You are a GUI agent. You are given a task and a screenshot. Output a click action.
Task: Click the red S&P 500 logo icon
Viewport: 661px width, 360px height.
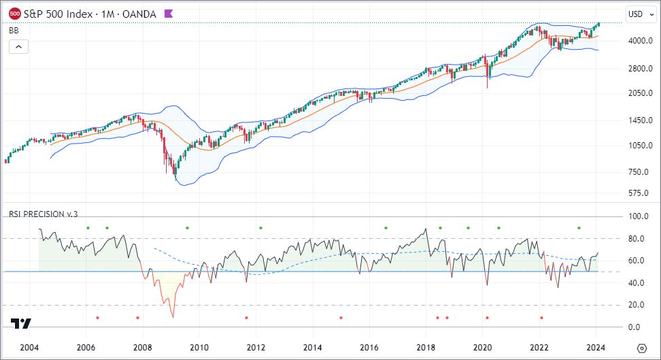[x=14, y=13]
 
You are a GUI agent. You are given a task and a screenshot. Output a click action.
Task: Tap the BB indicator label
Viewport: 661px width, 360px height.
[x=13, y=30]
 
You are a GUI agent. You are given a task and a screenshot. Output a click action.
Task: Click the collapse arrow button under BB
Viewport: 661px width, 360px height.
[x=18, y=46]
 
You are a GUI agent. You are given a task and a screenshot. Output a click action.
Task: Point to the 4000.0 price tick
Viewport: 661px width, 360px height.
[x=640, y=41]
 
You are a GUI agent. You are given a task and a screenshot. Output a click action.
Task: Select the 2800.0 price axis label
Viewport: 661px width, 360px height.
[x=640, y=69]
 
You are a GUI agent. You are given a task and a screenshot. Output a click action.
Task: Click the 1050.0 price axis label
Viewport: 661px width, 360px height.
[x=640, y=146]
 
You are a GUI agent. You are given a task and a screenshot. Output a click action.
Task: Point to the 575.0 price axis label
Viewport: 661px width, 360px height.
[x=639, y=193]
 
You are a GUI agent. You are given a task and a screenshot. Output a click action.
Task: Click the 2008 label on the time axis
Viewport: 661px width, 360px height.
[x=142, y=347]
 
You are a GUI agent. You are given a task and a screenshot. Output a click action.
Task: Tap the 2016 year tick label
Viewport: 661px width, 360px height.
[x=369, y=347]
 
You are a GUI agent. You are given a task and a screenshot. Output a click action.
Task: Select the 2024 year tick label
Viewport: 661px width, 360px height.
[x=596, y=347]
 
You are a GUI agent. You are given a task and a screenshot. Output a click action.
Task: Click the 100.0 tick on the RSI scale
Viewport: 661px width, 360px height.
[x=638, y=216]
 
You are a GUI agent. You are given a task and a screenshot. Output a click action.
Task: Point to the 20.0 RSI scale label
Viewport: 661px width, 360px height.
[x=637, y=305]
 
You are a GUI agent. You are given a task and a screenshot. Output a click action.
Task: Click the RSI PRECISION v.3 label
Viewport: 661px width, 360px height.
[x=44, y=214]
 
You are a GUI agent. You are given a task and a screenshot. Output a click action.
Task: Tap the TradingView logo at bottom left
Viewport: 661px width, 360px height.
[x=21, y=324]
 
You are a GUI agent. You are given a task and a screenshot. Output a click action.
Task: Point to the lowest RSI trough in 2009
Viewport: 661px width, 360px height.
[x=173, y=317]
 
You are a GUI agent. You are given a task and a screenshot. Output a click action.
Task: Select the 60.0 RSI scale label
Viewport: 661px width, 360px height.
[x=637, y=261]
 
